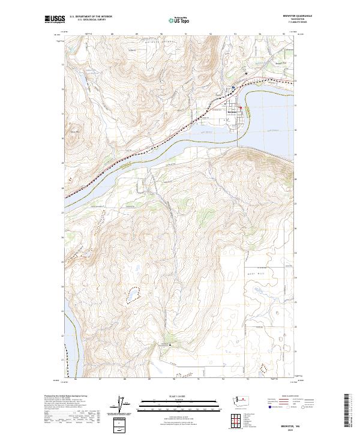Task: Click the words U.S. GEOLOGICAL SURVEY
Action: coord(92,20)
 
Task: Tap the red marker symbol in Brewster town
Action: coord(241,108)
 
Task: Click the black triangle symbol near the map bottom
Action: coord(170,345)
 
